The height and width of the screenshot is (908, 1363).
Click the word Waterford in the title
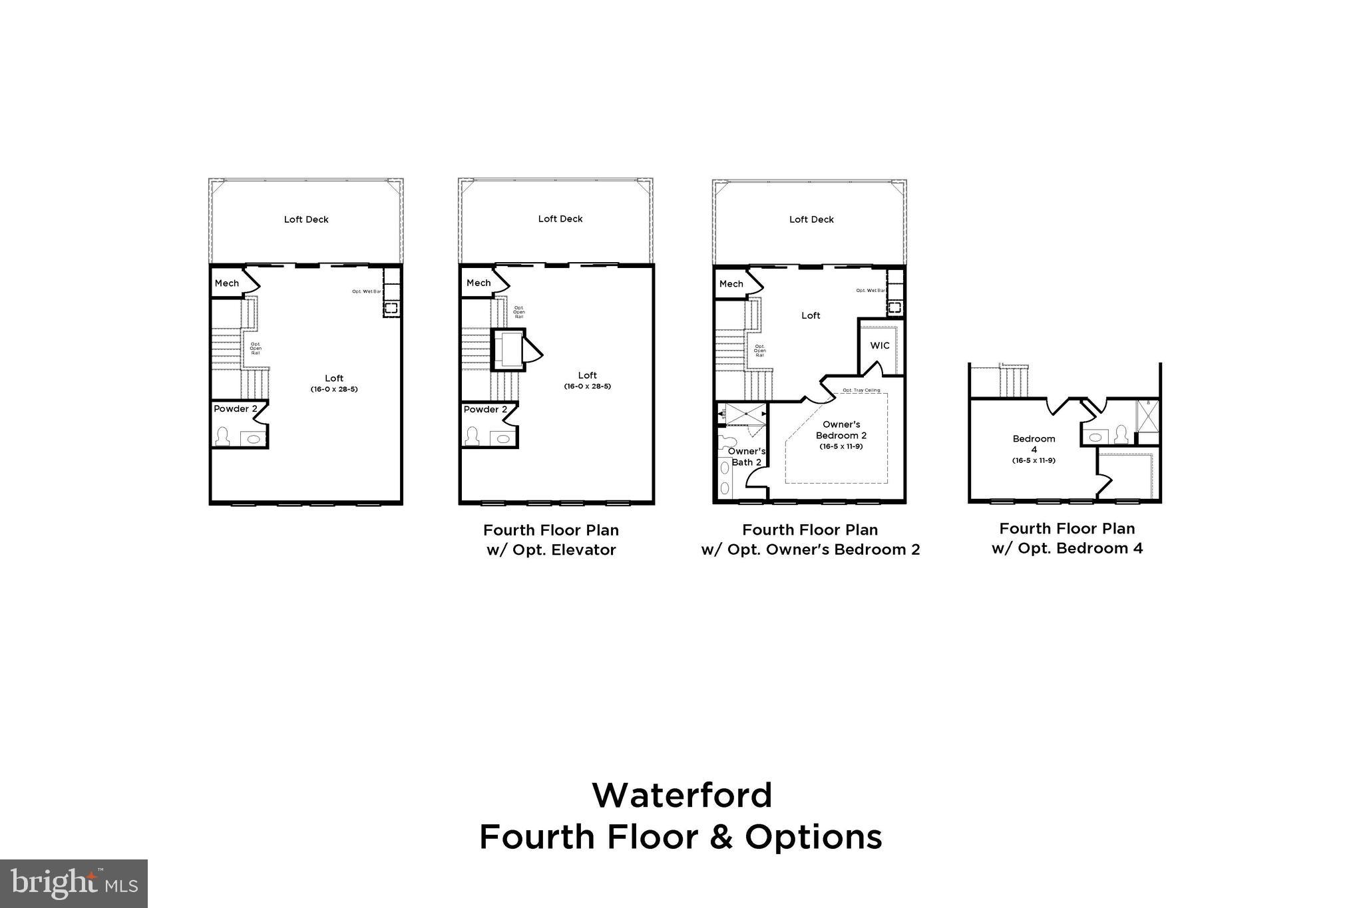681,796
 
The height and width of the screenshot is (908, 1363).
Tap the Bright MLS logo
74,883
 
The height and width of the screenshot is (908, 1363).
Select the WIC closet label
879,346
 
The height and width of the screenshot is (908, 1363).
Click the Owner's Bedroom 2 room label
841,430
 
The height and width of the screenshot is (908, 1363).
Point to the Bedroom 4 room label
1034,444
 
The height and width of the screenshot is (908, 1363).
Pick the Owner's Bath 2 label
746,456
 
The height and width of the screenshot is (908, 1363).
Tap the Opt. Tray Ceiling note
861,390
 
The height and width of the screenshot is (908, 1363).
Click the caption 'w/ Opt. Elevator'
551,550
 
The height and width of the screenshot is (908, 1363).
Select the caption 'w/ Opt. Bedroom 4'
1067,549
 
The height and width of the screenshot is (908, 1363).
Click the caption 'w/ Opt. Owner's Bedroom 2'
810,550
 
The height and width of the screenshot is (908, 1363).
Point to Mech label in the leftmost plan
226,283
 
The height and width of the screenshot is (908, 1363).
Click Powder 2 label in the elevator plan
485,410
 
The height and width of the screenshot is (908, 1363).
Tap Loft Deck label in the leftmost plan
306,220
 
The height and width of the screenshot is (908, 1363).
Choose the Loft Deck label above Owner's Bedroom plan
811,220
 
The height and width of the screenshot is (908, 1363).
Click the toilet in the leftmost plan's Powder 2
222,437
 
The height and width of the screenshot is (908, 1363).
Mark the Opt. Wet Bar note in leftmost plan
367,291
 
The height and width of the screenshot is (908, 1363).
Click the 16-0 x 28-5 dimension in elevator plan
587,386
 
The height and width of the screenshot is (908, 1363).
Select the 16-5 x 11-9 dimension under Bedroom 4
1034,460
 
